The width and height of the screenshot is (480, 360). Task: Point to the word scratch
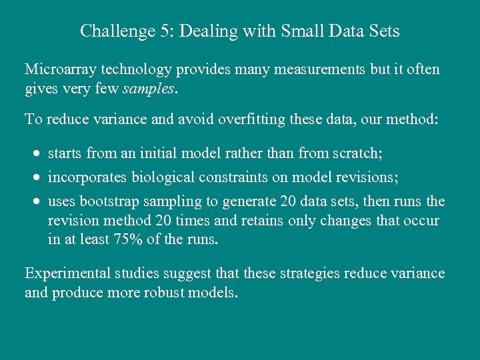coord(357,154)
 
